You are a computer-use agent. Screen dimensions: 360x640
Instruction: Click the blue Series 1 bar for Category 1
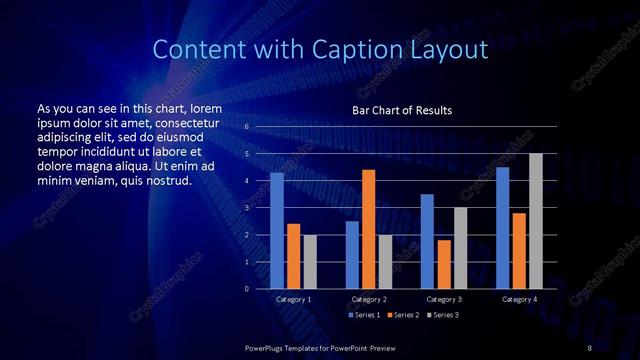tap(277, 231)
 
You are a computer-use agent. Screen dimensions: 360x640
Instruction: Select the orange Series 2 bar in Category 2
tap(369, 229)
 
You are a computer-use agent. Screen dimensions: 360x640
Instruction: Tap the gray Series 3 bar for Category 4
tap(536, 221)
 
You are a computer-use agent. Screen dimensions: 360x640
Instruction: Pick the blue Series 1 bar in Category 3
tap(427, 241)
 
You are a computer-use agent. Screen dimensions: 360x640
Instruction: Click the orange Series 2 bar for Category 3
tap(444, 264)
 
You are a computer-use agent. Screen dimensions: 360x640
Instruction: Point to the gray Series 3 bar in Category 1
tap(310, 262)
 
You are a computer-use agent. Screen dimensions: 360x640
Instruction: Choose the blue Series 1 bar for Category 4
tap(502, 228)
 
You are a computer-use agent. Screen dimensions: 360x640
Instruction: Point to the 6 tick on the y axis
tap(246, 127)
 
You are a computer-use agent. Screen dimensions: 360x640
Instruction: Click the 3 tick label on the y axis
tap(246, 208)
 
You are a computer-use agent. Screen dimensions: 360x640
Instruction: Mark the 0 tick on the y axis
tap(246, 289)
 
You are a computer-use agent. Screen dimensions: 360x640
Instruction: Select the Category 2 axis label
tap(369, 299)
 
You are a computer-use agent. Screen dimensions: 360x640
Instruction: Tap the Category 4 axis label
tap(519, 299)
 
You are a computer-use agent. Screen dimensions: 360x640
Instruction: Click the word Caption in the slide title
tap(371, 49)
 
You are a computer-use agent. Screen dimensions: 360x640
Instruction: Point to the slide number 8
tap(590, 346)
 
